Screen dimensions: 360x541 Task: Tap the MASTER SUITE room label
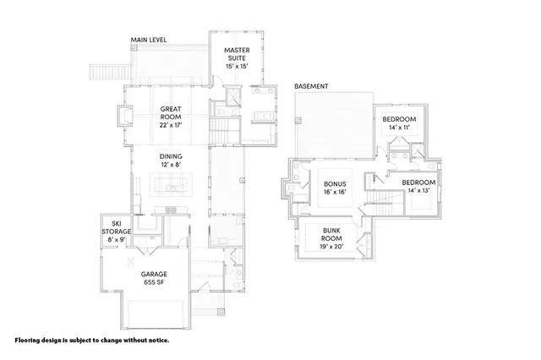pos(236,55)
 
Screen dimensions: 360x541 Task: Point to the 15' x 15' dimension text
pos(236,66)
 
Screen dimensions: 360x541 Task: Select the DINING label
pos(172,155)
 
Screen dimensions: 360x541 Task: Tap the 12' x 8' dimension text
pos(172,165)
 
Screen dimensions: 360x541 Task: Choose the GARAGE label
pos(153,274)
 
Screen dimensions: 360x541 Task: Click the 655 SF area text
pos(153,284)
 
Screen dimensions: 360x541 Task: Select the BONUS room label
pos(336,183)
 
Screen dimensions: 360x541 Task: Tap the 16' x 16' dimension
pos(336,192)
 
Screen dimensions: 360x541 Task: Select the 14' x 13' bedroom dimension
pos(418,192)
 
